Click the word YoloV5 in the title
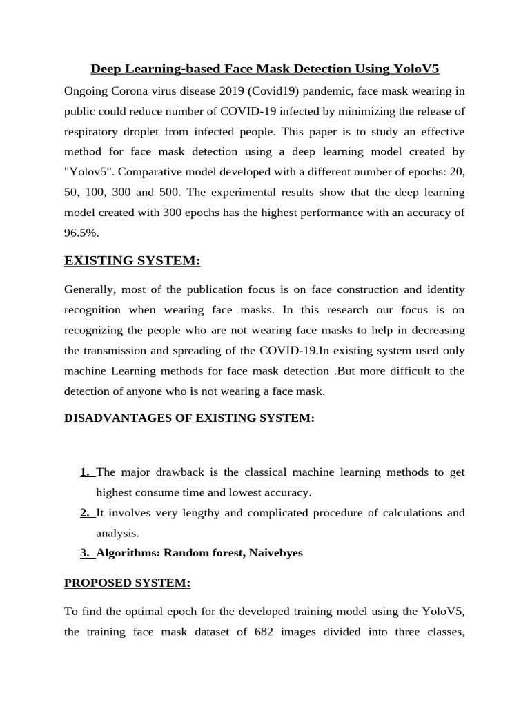click(x=415, y=69)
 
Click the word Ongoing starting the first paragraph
click(x=86, y=91)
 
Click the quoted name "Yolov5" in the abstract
click(x=86, y=172)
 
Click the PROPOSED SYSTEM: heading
click(x=127, y=583)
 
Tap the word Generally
click(x=90, y=289)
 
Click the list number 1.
click(x=86, y=472)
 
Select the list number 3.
click(x=86, y=553)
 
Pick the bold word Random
click(x=184, y=553)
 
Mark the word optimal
click(x=156, y=611)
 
